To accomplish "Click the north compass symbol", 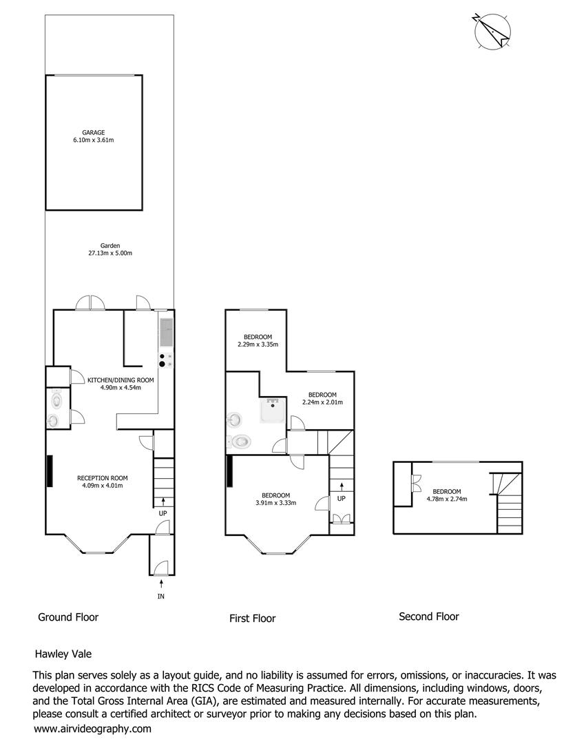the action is (492, 31).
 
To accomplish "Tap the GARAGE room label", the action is (94, 132).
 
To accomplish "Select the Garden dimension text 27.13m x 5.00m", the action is (110, 254).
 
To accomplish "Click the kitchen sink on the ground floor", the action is (167, 332).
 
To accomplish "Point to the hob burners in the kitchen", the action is (166, 360).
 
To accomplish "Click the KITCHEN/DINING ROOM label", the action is (121, 380).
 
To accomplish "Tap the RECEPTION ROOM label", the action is (103, 478).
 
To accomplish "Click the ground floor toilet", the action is (56, 400).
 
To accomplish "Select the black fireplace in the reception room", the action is (50, 471).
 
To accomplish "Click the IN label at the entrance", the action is (161, 597).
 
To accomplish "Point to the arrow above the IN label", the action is (161, 583).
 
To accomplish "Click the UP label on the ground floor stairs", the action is (163, 514).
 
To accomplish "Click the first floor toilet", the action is (239, 442).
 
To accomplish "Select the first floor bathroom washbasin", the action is (234, 420).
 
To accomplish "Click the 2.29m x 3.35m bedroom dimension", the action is (258, 344).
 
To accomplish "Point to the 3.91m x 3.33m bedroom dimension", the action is (275, 503).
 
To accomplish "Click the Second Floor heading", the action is (429, 617).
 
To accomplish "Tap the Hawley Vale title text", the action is (63, 654).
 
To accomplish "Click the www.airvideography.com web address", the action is (92, 729).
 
